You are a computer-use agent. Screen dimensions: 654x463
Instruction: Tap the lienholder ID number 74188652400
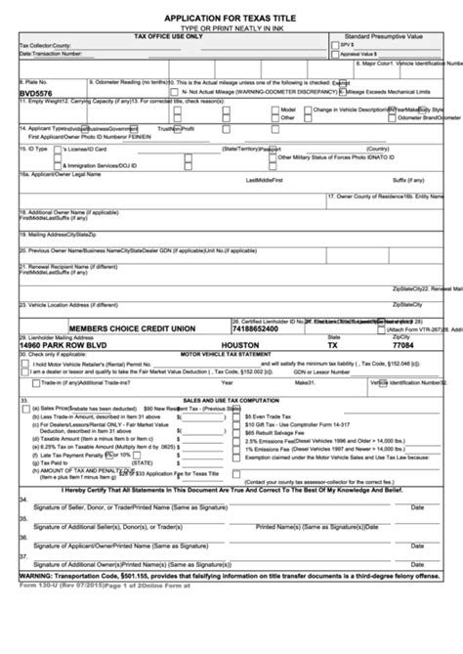[264, 329]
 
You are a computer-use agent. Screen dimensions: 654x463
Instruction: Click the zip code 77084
[403, 345]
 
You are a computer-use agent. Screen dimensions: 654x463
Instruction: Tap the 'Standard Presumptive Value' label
[387, 34]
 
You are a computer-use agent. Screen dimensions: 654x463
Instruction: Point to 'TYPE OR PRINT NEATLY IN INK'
[231, 27]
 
